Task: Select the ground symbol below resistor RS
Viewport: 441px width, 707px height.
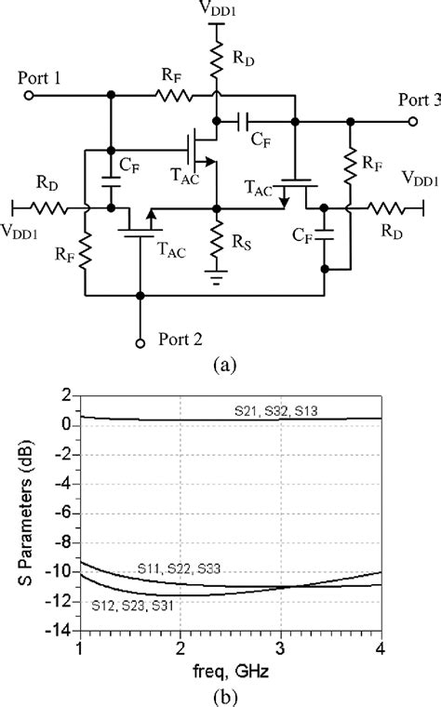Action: coord(216,277)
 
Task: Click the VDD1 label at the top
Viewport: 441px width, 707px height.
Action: coord(216,8)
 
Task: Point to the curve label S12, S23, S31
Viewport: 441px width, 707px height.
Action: coord(135,606)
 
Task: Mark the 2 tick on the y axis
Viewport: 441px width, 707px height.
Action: coord(68,395)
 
